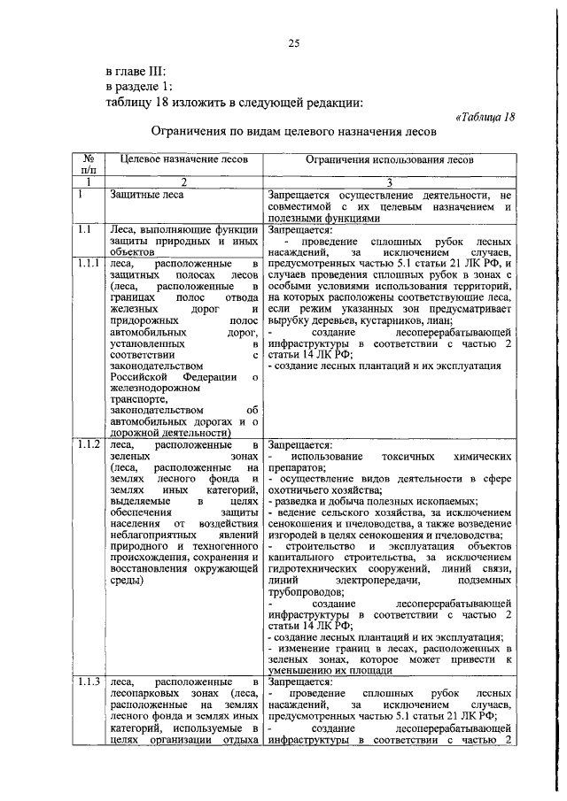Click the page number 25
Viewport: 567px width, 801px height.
click(294, 44)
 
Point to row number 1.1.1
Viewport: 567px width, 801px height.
click(88, 264)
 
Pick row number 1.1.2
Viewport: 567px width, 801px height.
click(88, 444)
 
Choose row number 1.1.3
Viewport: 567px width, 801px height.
click(88, 682)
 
